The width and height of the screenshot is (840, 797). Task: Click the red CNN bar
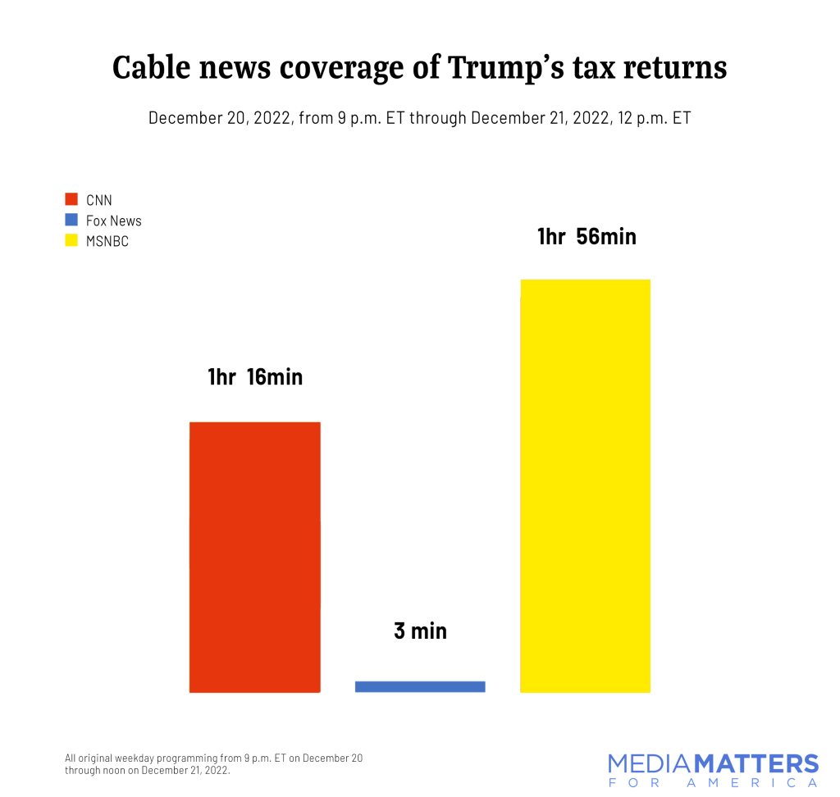click(x=254, y=557)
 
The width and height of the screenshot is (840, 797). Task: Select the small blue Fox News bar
click(x=420, y=686)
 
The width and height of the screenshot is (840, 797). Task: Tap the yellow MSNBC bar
click(x=585, y=485)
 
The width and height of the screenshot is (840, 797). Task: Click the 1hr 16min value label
click(x=255, y=377)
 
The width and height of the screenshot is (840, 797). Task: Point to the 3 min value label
click(x=420, y=631)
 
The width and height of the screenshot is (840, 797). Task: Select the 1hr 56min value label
click(x=587, y=237)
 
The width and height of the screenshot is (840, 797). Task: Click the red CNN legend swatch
click(x=71, y=200)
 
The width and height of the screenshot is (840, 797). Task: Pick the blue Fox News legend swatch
click(x=71, y=221)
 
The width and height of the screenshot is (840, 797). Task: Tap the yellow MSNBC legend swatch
click(x=71, y=241)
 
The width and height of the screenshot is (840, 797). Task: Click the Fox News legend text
click(x=114, y=221)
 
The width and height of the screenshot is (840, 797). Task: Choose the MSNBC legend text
click(x=107, y=242)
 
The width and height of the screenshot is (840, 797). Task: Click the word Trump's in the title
click(x=504, y=68)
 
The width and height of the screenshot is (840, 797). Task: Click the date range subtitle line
click(x=419, y=118)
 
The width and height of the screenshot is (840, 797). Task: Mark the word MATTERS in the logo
click(x=756, y=764)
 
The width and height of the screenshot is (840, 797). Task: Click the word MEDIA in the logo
click(x=651, y=764)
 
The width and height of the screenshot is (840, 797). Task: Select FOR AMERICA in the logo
click(x=713, y=784)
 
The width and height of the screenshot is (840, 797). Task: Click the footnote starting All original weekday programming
click(x=213, y=764)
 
